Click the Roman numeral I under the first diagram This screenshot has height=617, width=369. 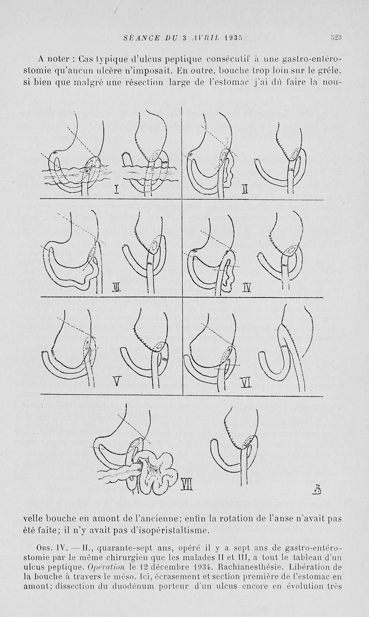(x=116, y=190)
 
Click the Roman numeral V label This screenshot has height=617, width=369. (x=117, y=382)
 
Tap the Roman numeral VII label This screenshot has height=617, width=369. (x=186, y=492)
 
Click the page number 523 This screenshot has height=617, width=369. (x=336, y=38)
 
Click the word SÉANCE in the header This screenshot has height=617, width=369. (x=141, y=38)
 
